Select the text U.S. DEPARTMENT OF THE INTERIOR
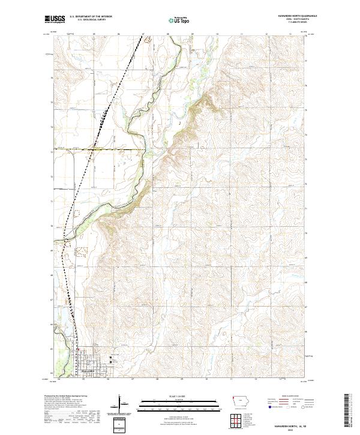click(x=91, y=16)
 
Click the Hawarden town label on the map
click(x=88, y=373)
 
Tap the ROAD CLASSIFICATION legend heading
click(x=289, y=397)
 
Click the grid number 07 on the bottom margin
click(x=133, y=379)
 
